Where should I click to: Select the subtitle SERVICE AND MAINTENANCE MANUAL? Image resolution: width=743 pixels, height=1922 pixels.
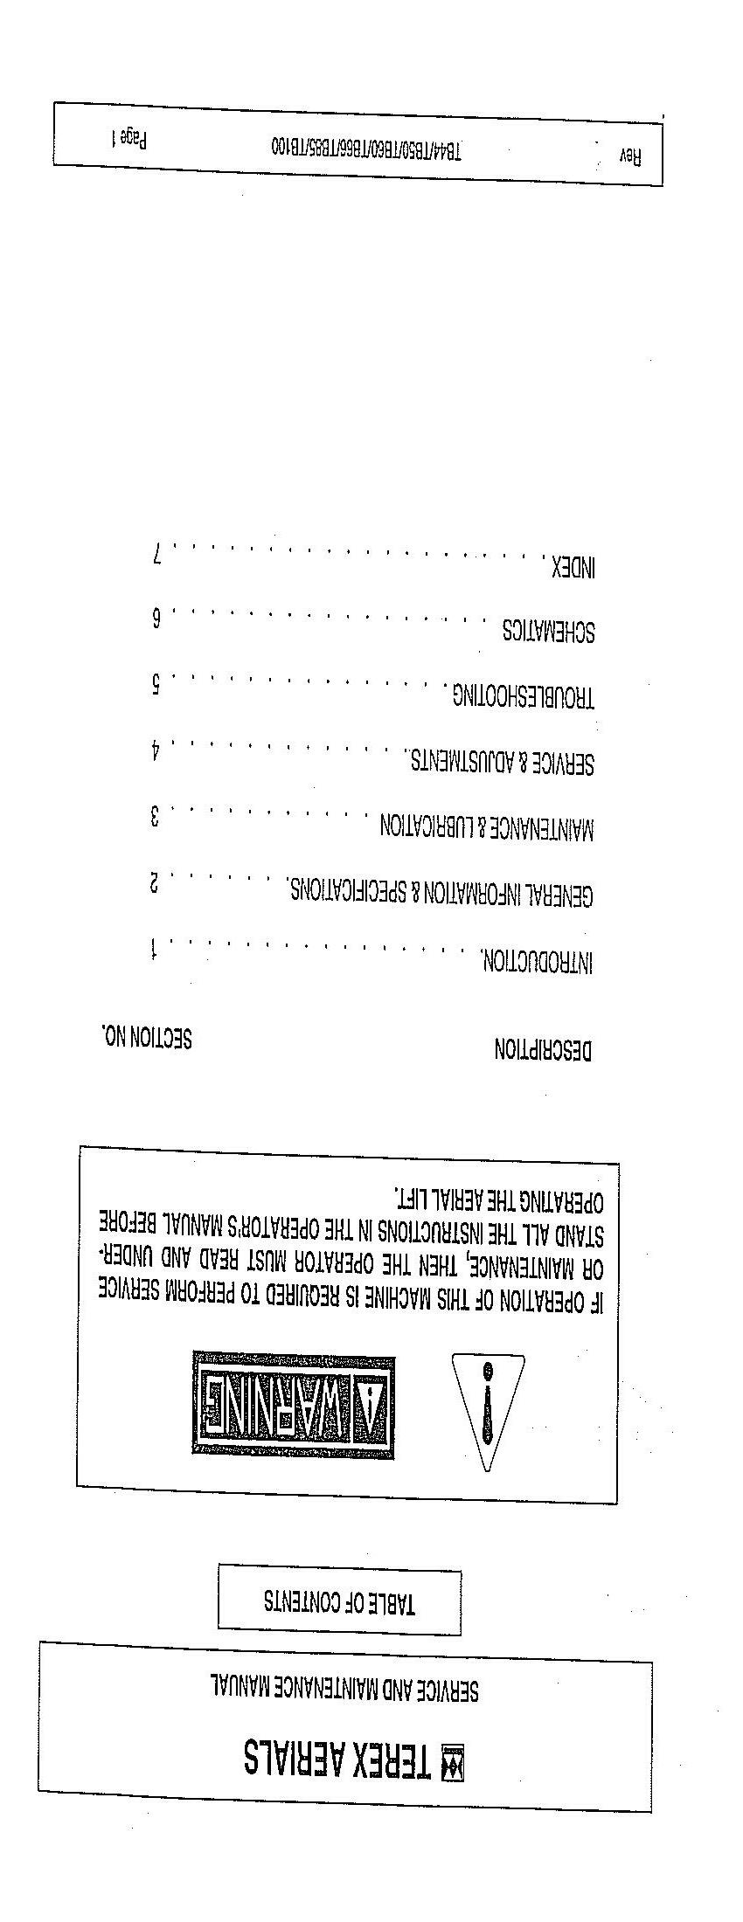coord(344,1687)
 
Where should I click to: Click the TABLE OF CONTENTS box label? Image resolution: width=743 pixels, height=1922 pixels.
coord(340,1601)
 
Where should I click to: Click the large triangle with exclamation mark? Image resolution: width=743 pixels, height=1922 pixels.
coord(488,1407)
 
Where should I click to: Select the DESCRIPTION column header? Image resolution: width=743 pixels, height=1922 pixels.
coord(543,1049)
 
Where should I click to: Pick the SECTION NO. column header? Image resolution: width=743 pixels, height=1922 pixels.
coord(147,1037)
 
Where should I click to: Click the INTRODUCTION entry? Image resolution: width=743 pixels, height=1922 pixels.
coord(537,961)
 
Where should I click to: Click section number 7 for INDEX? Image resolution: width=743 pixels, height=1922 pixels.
coord(157,554)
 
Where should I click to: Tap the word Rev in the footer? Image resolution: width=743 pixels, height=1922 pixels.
coord(630,156)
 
